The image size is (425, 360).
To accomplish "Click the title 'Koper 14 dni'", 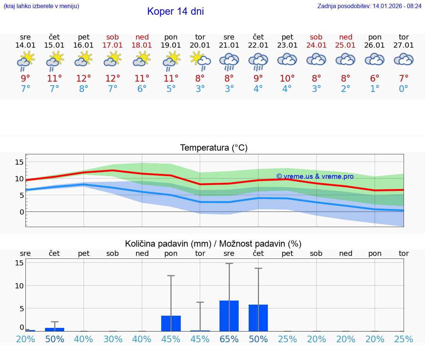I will click(175, 11).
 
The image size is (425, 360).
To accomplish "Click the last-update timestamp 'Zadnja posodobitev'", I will click(369, 6).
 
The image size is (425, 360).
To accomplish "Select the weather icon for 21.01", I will click(229, 61).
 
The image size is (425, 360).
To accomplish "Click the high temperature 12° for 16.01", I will click(84, 79).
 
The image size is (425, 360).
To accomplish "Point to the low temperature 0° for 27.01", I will click(404, 89).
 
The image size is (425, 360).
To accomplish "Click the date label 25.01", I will click(346, 45).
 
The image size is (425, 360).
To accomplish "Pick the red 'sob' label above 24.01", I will click(316, 37).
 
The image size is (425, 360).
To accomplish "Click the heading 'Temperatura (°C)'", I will click(214, 148).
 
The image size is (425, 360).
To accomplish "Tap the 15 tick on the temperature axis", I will click(20, 162).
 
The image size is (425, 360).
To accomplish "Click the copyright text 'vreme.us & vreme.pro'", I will click(315, 176).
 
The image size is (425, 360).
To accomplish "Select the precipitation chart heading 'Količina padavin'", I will click(213, 244).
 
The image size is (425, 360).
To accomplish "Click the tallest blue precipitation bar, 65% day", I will click(229, 316).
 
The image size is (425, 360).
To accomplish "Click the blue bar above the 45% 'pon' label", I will click(171, 323).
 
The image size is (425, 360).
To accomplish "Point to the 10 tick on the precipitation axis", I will click(20, 286).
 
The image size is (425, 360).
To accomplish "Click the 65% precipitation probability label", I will click(229, 339).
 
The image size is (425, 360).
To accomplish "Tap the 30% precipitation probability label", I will click(113, 339).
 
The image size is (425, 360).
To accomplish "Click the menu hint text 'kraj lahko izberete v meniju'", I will click(41, 6).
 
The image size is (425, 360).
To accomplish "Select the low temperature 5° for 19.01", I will click(171, 89).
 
